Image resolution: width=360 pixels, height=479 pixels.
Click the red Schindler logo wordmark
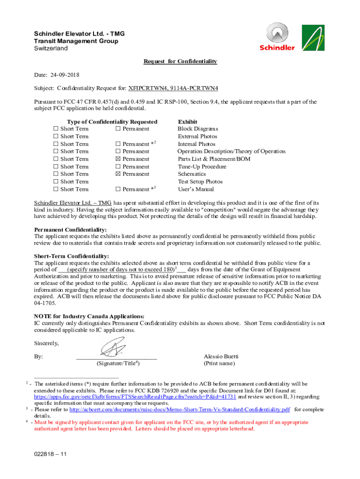tap(277, 48)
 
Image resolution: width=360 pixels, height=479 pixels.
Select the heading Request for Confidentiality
tap(180, 62)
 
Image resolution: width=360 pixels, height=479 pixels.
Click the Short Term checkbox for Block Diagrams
tap(56, 129)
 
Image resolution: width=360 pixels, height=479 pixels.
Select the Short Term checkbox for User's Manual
tap(56, 189)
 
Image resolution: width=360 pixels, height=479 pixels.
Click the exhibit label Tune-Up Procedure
tap(202, 167)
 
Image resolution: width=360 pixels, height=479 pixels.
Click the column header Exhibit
tap(187, 122)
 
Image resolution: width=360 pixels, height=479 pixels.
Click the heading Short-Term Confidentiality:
tap(71, 256)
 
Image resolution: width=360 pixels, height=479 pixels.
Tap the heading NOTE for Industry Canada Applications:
tap(89, 316)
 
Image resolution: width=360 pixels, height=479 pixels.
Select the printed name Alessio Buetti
tap(221, 356)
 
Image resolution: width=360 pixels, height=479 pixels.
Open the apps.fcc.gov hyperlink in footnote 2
tap(135, 396)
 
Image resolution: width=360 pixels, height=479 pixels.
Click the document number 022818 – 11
tap(50, 454)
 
